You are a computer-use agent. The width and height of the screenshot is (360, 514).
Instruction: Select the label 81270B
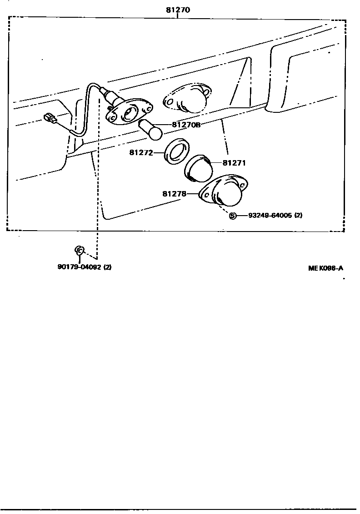[x=186, y=125]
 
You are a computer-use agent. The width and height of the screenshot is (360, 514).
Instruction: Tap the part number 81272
[x=140, y=153]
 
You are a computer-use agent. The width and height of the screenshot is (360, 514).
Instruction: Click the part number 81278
[x=174, y=194]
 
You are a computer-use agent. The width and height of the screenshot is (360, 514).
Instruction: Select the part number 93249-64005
[x=270, y=216]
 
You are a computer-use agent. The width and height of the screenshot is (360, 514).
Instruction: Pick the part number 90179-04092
[x=79, y=267]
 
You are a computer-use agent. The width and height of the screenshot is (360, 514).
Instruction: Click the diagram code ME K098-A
[x=325, y=268]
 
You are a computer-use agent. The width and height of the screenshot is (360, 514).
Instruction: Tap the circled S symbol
[x=232, y=216]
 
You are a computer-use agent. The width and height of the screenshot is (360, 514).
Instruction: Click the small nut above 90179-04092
[x=79, y=250]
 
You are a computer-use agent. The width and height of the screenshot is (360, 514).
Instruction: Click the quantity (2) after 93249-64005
[x=298, y=216]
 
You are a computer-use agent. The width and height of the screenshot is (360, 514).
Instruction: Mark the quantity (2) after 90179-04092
[x=107, y=267]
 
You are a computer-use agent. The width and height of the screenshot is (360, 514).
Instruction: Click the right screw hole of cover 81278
[x=244, y=185]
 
